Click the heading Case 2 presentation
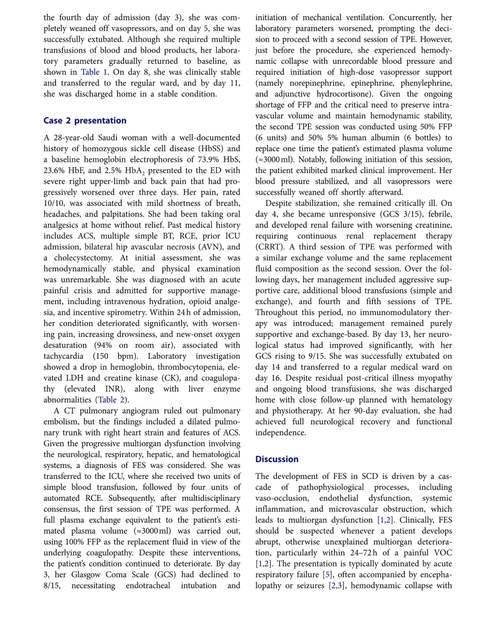pyautogui.click(x=85, y=121)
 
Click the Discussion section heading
pyautogui.click(x=277, y=459)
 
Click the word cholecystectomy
pyautogui.click(x=83, y=258)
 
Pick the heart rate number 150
pyautogui.click(x=101, y=356)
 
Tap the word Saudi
pyautogui.click(x=108, y=138)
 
